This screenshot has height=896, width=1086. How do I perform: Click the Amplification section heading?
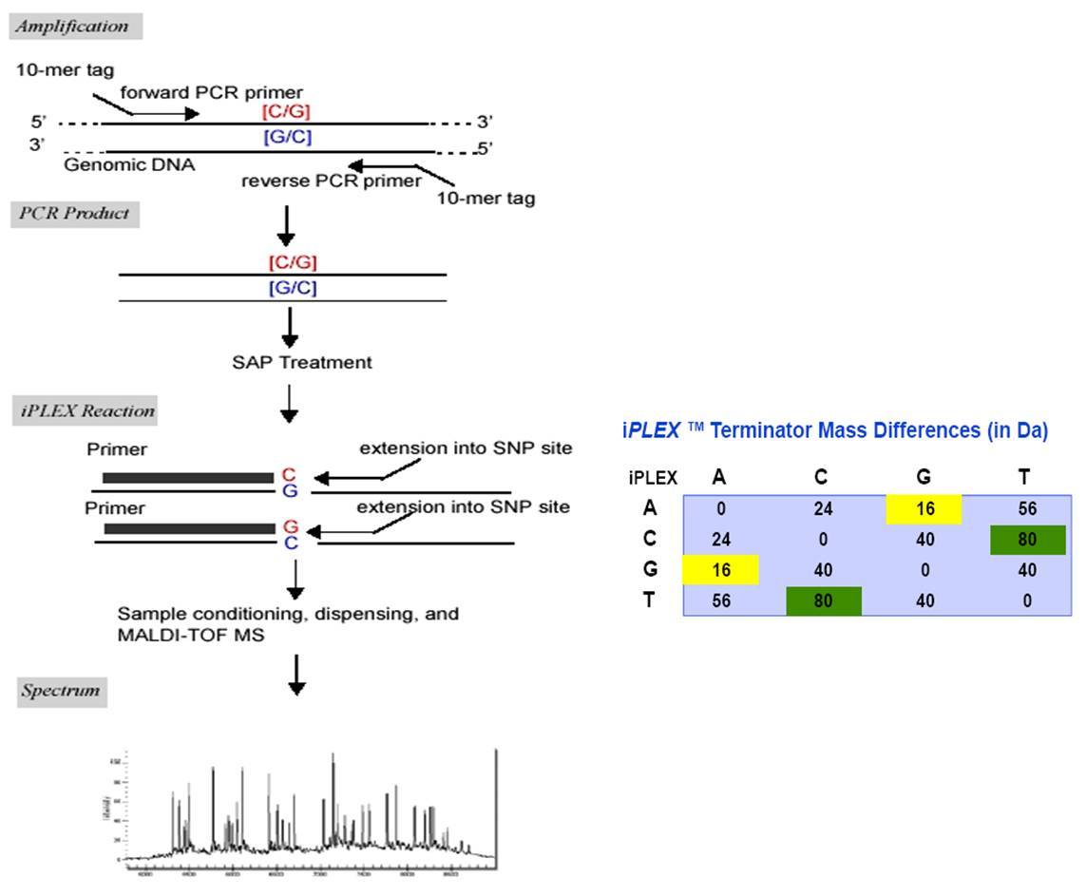[75, 26]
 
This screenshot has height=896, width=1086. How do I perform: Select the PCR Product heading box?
[75, 213]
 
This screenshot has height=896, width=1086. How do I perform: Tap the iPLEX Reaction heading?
[86, 410]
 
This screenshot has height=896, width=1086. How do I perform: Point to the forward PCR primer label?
[212, 93]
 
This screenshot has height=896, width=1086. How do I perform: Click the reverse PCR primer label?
[331, 181]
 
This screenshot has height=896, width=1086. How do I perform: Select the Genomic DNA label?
[129, 164]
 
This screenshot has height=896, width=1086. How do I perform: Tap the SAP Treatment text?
[302, 362]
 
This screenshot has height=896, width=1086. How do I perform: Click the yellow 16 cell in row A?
[924, 509]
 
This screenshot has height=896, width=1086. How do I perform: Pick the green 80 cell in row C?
[1027, 540]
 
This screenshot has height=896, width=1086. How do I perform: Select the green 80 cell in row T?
[823, 601]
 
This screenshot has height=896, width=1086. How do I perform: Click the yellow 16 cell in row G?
[720, 570]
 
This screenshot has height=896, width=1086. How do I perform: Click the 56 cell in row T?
[720, 601]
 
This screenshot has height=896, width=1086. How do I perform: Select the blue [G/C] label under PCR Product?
[292, 288]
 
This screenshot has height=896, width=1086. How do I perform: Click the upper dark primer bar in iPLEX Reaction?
[187, 477]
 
